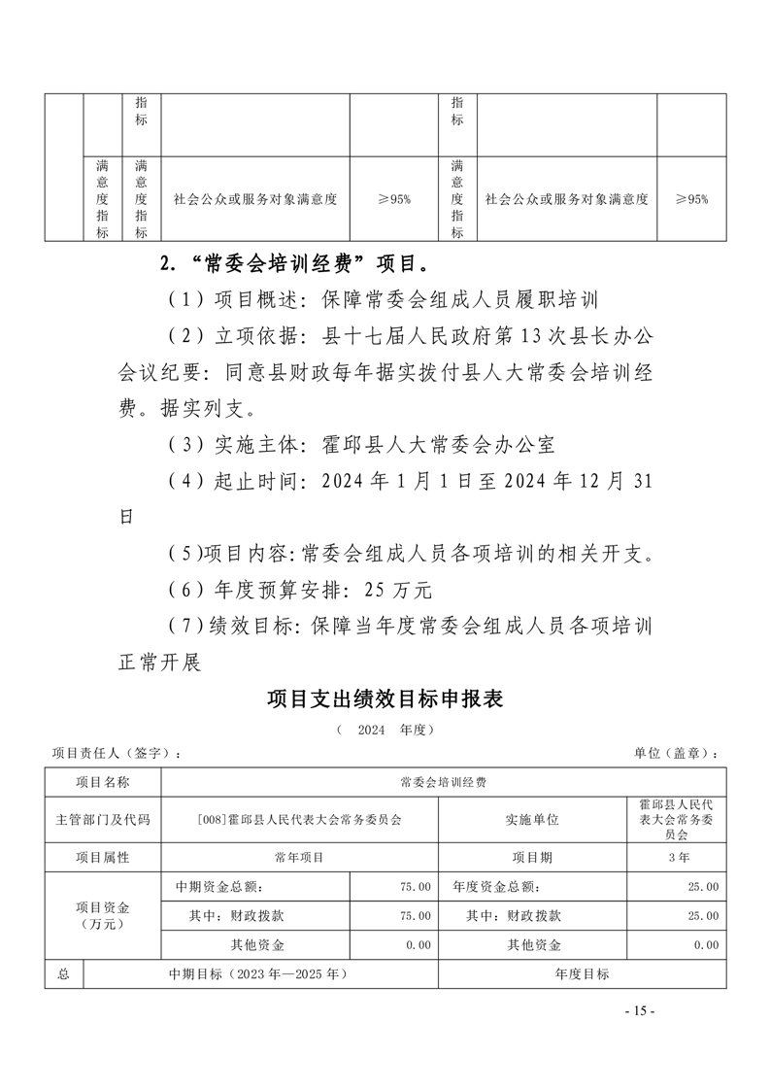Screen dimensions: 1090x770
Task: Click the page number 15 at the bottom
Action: tap(640, 1011)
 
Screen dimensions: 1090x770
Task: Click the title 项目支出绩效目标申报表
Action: tap(385, 698)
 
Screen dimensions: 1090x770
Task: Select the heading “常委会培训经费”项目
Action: tap(291, 263)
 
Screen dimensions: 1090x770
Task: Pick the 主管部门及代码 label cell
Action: tap(103, 819)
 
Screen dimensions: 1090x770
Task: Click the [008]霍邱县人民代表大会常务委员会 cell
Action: tap(299, 819)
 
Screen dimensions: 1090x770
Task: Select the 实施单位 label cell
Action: tap(532, 819)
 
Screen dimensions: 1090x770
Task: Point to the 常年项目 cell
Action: tap(299, 858)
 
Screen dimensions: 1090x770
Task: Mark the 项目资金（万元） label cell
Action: tap(103, 915)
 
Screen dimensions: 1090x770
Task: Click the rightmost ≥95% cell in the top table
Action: tap(690, 199)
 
